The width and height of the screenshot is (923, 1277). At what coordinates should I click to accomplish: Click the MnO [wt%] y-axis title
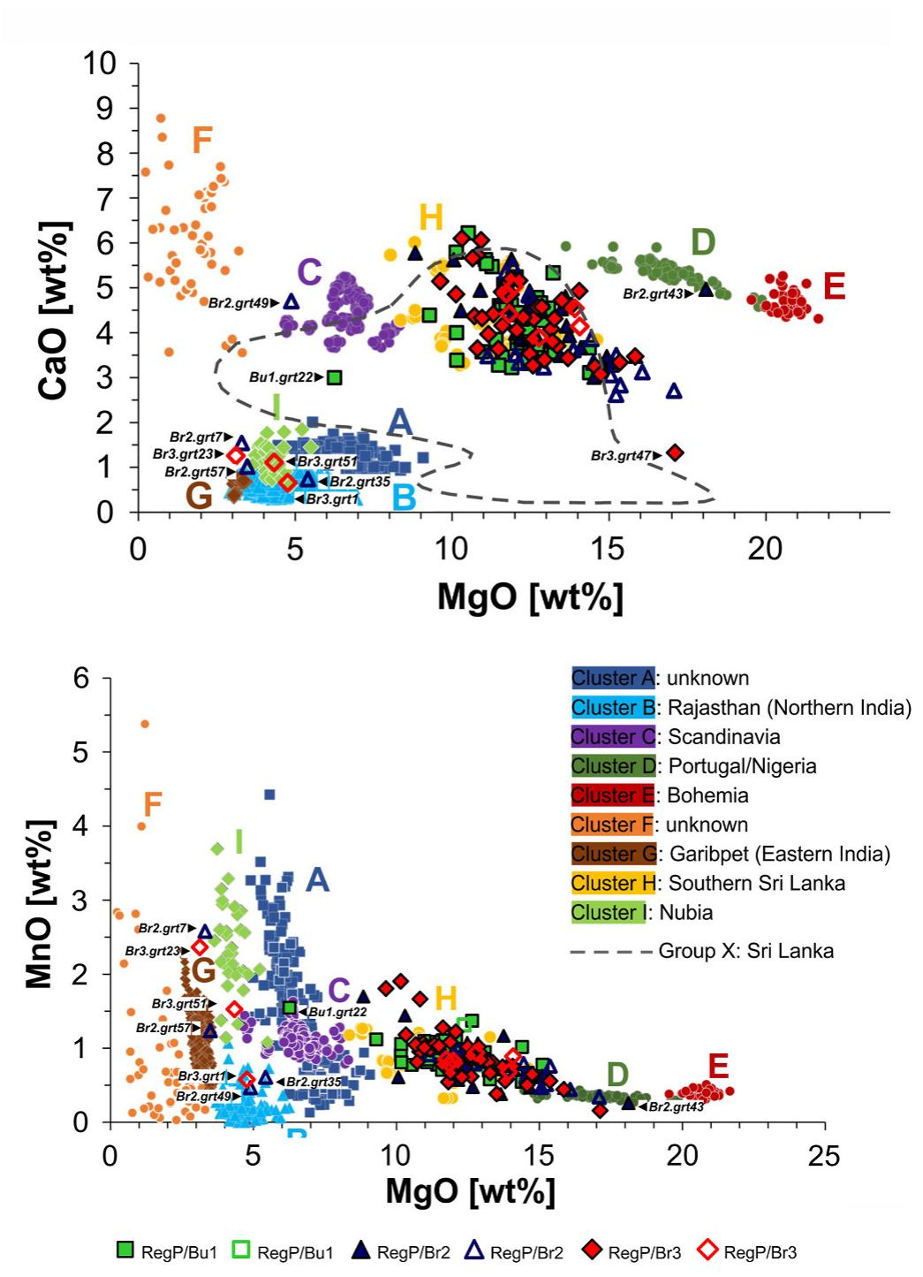pyautogui.click(x=40, y=903)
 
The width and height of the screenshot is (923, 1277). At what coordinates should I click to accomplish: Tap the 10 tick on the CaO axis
pyautogui.click(x=99, y=64)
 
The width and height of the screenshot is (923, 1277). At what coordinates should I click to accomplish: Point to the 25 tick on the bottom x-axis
pyautogui.click(x=824, y=1155)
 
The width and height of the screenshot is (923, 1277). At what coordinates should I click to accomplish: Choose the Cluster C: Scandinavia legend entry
pyautogui.click(x=676, y=737)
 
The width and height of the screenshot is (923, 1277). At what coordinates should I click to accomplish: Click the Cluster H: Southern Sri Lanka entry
pyautogui.click(x=707, y=883)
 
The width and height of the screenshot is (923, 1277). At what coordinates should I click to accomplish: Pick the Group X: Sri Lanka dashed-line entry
pyautogui.click(x=702, y=951)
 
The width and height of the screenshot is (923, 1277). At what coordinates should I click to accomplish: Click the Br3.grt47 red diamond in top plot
pyautogui.click(x=675, y=452)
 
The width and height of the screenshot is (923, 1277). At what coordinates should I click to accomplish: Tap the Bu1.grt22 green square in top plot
pyautogui.click(x=334, y=377)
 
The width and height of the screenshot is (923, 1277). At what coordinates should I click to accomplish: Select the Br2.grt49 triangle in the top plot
pyautogui.click(x=291, y=302)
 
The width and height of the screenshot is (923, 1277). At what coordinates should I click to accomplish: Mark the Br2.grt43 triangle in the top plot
pyautogui.click(x=705, y=289)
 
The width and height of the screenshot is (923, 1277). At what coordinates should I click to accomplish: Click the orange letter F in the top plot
pyautogui.click(x=202, y=140)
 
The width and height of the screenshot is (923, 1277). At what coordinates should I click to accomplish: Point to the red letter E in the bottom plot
pyautogui.click(x=718, y=1066)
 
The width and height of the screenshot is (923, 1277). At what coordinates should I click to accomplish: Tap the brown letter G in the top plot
pyautogui.click(x=199, y=496)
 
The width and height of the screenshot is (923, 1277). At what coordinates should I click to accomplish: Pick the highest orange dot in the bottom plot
pyautogui.click(x=145, y=724)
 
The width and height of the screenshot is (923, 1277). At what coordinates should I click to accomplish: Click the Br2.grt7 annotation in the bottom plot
pyautogui.click(x=163, y=929)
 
